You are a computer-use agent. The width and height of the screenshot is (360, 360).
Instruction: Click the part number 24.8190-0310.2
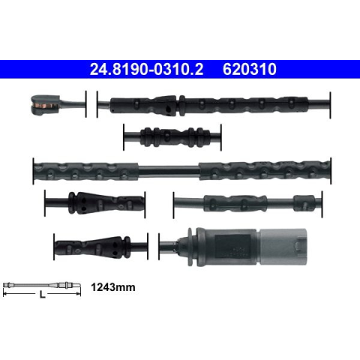tap(146, 69)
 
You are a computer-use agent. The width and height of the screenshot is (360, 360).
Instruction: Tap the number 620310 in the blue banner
tap(250, 69)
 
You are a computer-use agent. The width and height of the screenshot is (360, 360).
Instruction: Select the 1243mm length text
tap(113, 287)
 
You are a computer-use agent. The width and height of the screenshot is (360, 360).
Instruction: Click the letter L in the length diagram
tap(43, 295)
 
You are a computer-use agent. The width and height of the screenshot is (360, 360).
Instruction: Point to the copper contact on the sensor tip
tap(42, 105)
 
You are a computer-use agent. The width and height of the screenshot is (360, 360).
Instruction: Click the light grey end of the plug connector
tap(283, 247)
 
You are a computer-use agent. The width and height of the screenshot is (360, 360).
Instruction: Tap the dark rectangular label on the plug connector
tap(232, 247)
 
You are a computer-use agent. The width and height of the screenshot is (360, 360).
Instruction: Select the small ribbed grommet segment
tap(175, 137)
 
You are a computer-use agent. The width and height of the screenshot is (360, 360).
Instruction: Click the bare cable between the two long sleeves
tap(169, 171)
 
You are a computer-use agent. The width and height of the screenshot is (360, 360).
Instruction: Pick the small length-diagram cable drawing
tap(42, 285)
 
